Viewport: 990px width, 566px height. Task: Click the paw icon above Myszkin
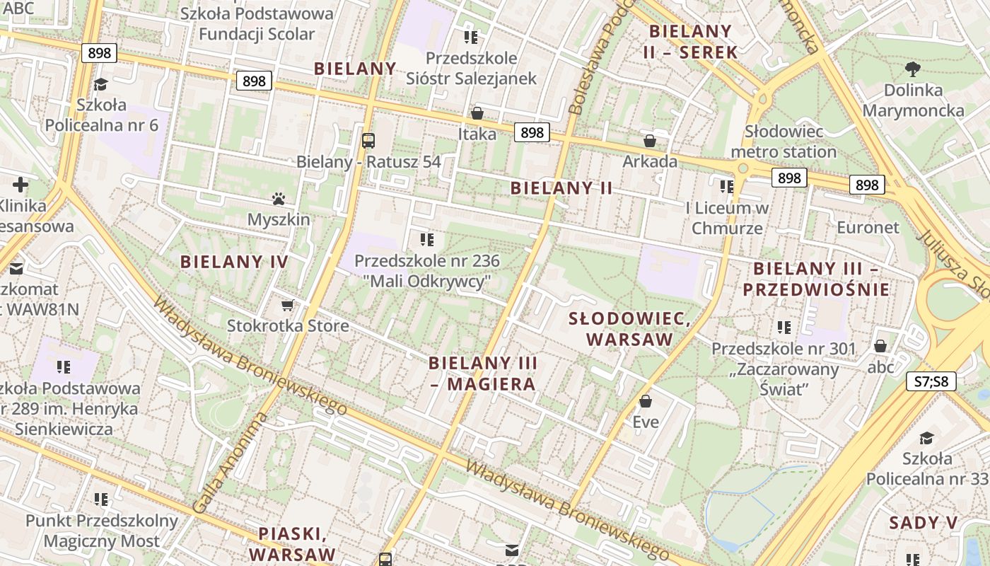pyautogui.click(x=278, y=200)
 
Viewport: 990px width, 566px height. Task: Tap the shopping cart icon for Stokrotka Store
pyautogui.click(x=287, y=305)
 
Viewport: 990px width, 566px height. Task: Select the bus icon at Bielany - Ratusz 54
pyautogui.click(x=368, y=140)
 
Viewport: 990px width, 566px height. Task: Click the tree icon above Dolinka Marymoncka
pyautogui.click(x=913, y=69)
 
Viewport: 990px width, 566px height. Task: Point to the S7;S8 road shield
pyautogui.click(x=931, y=382)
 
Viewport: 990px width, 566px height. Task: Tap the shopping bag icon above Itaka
pyautogui.click(x=477, y=113)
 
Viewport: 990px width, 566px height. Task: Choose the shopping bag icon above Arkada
pyautogui.click(x=649, y=141)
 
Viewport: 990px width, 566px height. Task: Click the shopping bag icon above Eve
pyautogui.click(x=645, y=402)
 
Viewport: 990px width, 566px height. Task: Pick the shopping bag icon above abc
pyautogui.click(x=880, y=346)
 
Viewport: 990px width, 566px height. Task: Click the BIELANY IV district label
pyautogui.click(x=234, y=262)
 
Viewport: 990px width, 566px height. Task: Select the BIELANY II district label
pyautogui.click(x=561, y=188)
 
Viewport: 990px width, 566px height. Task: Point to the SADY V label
pyautogui.click(x=923, y=523)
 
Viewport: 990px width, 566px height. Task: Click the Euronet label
pyautogui.click(x=868, y=227)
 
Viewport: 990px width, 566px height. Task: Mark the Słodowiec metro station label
pyautogui.click(x=784, y=141)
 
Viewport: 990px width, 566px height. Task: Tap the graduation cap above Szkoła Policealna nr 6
pyautogui.click(x=100, y=84)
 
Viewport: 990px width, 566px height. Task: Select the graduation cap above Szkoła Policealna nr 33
pyautogui.click(x=926, y=438)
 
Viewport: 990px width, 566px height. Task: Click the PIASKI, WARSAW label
pyautogui.click(x=292, y=543)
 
